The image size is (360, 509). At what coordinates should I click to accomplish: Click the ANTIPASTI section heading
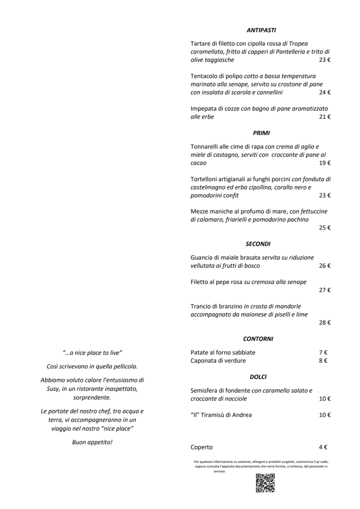tap(260, 30)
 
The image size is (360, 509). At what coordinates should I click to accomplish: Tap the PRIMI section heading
tap(261, 133)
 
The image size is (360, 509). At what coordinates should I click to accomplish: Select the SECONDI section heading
tap(259, 244)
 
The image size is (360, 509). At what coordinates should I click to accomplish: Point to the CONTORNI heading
tap(258, 339)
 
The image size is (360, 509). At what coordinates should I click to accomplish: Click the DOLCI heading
tap(258, 376)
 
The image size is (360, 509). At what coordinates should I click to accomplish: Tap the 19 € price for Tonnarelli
tap(325, 163)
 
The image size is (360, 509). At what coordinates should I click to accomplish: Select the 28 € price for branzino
tap(325, 323)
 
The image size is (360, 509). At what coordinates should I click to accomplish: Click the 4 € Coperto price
tap(323, 447)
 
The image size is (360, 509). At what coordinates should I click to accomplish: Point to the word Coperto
tap(202, 447)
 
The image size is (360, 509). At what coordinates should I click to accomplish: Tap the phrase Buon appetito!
tap(92, 443)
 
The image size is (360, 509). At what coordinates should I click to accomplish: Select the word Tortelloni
tap(207, 179)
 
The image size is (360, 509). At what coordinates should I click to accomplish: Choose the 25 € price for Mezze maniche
tap(325, 228)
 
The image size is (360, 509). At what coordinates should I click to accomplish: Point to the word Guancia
tap(204, 257)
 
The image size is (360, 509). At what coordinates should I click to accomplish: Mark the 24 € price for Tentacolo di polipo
tap(325, 92)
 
